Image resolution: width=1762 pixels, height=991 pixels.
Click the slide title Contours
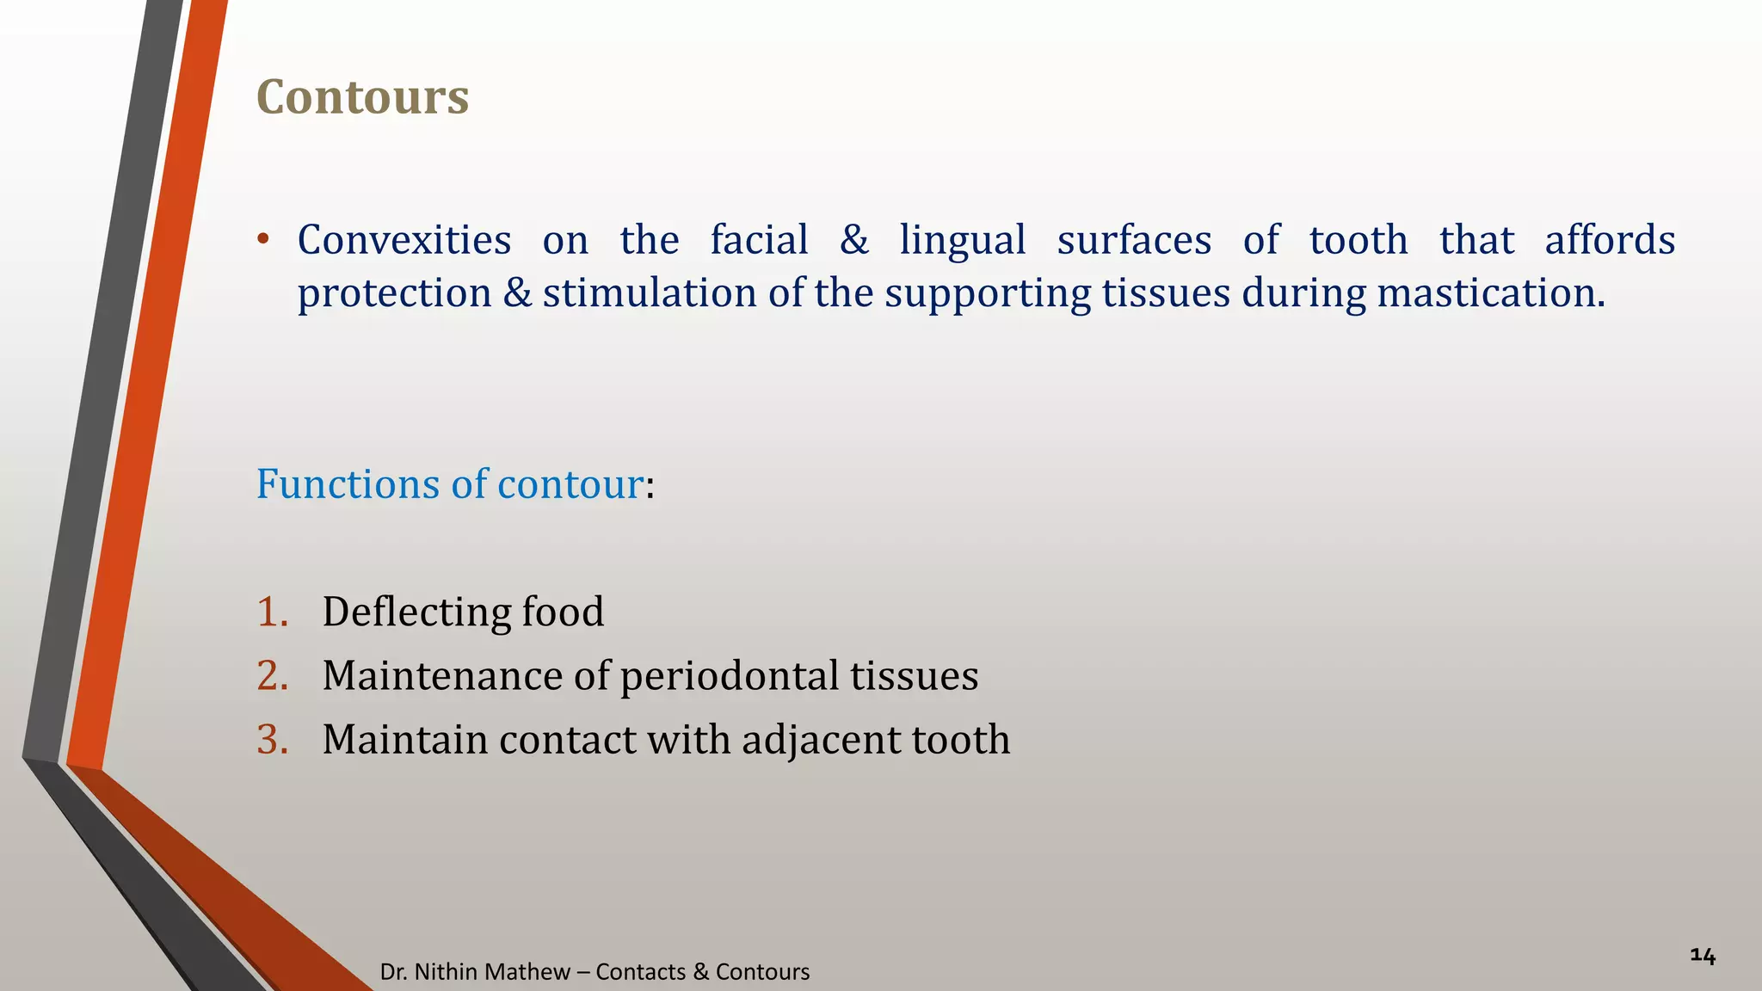[362, 96]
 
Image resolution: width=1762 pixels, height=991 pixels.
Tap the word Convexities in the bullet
[404, 240]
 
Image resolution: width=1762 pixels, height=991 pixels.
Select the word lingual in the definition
[963, 240]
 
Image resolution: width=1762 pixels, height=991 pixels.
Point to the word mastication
[1490, 293]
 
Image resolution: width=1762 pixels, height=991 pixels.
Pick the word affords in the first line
[1610, 240]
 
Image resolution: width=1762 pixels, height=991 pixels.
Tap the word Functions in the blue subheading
[348, 484]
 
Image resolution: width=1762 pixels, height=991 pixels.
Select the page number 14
[1703, 956]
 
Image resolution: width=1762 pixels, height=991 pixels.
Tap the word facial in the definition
[759, 240]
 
